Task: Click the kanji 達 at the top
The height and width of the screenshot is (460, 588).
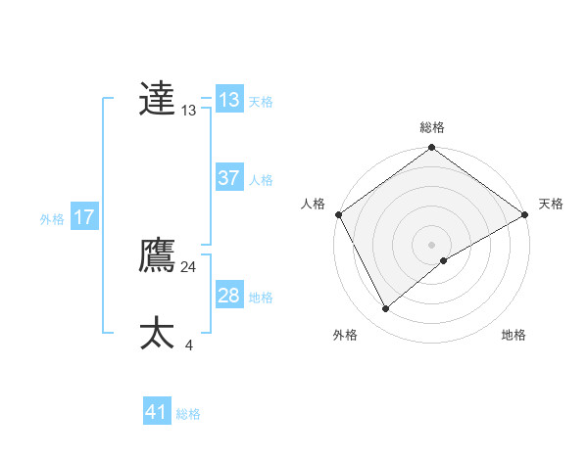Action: [x=157, y=99]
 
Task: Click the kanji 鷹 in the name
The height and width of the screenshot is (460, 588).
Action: [x=157, y=255]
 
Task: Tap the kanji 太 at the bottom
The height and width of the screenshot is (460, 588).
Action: [x=157, y=334]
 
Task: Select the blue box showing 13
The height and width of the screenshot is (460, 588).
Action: [x=229, y=100]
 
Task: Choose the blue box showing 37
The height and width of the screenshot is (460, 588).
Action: [x=229, y=178]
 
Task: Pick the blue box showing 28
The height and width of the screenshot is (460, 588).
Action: [x=229, y=296]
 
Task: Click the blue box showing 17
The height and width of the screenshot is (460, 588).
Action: [x=84, y=217]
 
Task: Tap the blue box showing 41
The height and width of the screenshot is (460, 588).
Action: [x=157, y=412]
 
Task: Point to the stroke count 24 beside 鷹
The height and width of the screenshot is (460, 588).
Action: [x=188, y=266]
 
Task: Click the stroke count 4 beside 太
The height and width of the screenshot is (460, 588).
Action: [x=188, y=345]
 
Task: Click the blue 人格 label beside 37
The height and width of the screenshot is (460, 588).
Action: [x=261, y=180]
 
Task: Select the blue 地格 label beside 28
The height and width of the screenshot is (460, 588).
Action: [x=261, y=298]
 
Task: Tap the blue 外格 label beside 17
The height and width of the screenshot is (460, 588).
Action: [x=52, y=219]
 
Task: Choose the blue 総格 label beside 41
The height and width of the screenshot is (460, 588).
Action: [x=188, y=414]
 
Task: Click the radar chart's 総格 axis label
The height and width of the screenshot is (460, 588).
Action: [x=432, y=127]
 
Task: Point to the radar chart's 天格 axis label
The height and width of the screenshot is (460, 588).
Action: [x=551, y=204]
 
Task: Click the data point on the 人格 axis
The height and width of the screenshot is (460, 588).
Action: [x=338, y=214]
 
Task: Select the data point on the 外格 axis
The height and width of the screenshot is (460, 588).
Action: [x=386, y=308]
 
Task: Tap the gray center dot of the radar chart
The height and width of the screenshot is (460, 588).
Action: [x=431, y=244]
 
